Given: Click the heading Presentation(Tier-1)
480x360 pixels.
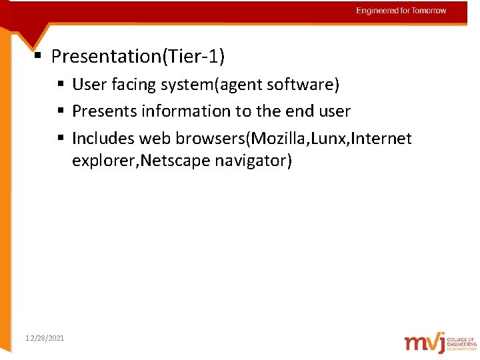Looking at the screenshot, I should pyautogui.click(x=138, y=57).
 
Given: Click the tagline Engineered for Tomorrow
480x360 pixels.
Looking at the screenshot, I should pyautogui.click(x=401, y=11).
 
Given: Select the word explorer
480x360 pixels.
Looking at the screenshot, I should pyautogui.click(x=102, y=161).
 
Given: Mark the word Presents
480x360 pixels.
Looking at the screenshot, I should pyautogui.click(x=102, y=111).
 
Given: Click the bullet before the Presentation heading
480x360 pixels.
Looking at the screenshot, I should pyautogui.click(x=39, y=57).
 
